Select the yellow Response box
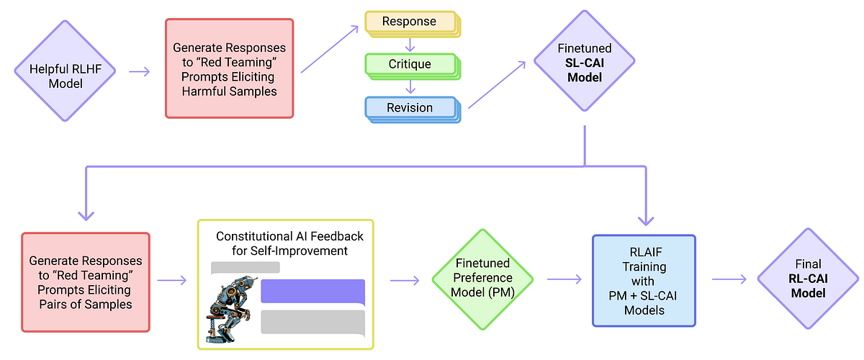click(410, 22)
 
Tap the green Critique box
click(410, 65)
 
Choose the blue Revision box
click(410, 108)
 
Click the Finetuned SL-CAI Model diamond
click(584, 63)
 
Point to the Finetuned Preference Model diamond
click(482, 278)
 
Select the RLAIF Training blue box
click(644, 280)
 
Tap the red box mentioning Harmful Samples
click(230, 68)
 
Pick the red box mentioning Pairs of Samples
click(86, 282)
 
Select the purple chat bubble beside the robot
click(312, 291)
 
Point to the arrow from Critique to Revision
click(410, 86)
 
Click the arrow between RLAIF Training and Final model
click(729, 279)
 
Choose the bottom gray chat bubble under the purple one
click(312, 322)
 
